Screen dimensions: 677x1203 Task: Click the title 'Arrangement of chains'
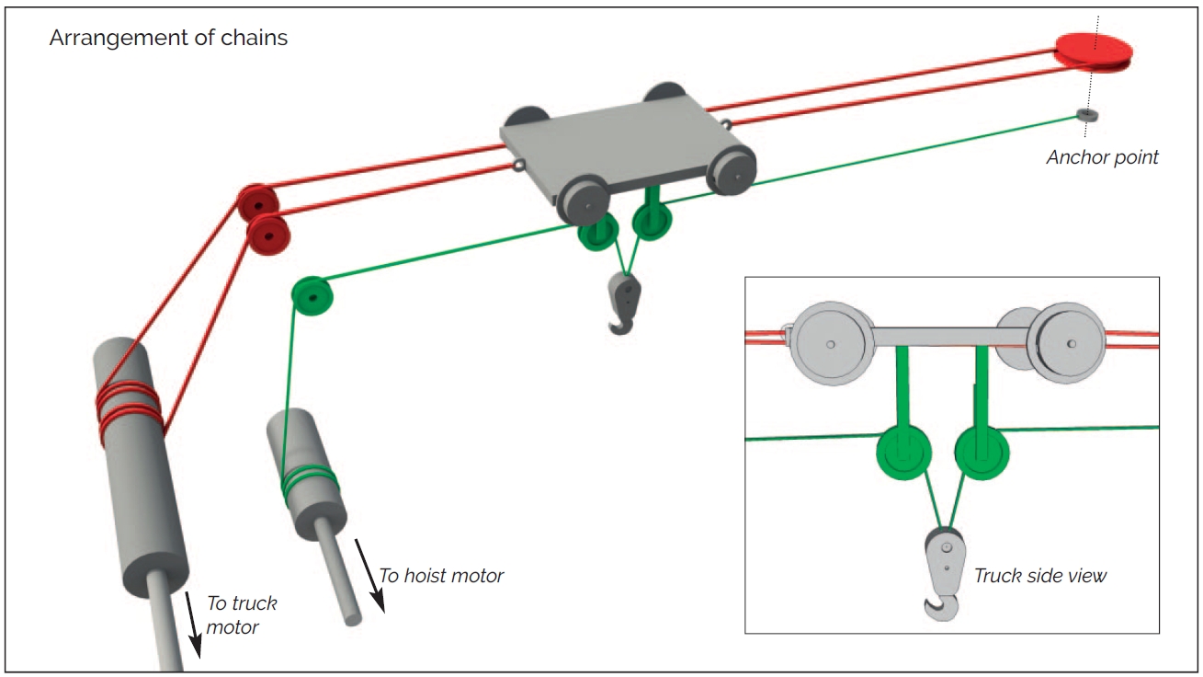[x=168, y=39]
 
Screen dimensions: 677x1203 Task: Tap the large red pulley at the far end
[x=1092, y=50]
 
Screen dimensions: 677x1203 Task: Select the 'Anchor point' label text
[x=1102, y=157]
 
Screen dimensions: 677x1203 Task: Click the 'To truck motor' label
[x=241, y=614]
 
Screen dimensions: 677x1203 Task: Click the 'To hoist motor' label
[x=442, y=576]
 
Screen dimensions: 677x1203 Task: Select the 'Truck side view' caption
[x=1039, y=576]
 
